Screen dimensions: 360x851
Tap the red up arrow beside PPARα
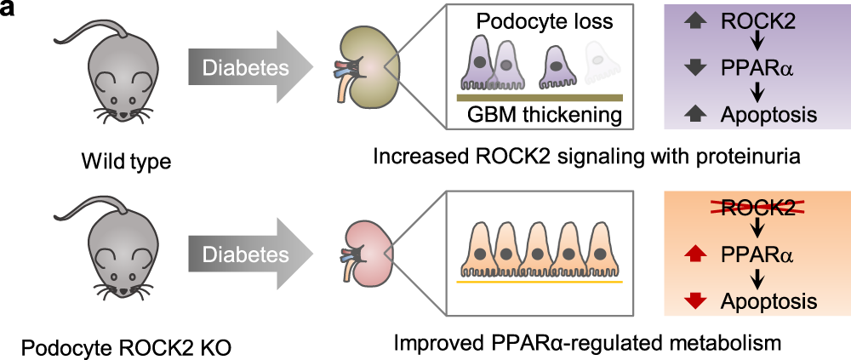pyautogui.click(x=695, y=253)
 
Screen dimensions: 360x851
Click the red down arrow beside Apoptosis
pyautogui.click(x=695, y=300)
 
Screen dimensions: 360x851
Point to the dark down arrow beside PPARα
pyautogui.click(x=695, y=67)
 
